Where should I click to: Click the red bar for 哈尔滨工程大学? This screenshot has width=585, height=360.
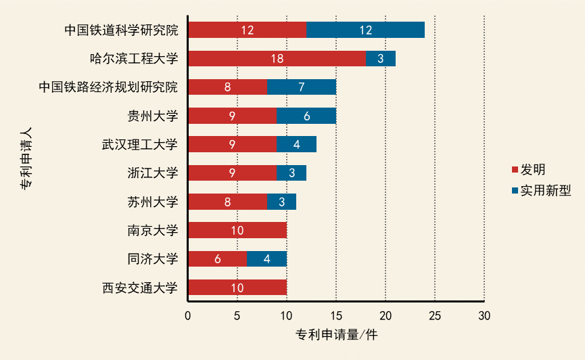point(277,58)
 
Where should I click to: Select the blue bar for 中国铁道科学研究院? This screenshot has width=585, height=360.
point(365,30)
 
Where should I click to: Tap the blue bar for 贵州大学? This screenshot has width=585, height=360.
point(306,116)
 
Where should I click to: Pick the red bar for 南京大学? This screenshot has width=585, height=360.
point(237,230)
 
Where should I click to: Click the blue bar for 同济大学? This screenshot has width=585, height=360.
point(266,258)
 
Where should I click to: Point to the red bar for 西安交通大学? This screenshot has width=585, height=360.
point(237,288)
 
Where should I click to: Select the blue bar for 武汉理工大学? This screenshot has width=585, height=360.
point(296,144)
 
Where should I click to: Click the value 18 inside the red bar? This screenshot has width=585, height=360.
point(277,58)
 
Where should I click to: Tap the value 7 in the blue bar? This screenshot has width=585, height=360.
point(301,87)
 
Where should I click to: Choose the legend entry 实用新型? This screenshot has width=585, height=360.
point(545,190)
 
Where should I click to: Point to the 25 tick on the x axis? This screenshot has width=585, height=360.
point(435,315)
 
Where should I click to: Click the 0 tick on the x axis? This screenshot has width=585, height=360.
point(188,315)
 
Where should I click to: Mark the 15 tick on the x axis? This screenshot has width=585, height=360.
point(336,315)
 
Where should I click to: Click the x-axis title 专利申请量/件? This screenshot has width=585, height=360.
point(335,335)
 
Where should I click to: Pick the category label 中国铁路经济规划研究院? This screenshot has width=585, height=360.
point(108,87)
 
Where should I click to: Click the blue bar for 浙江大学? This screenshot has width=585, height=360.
point(291,173)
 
